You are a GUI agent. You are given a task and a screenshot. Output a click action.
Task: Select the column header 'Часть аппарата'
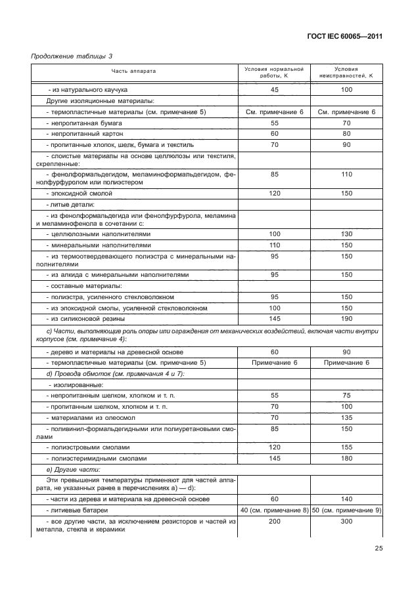coord(133,72)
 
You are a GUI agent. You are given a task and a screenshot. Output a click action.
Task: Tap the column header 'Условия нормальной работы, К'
coord(274,72)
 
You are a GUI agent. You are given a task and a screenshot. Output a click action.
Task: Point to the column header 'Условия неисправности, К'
coord(346,72)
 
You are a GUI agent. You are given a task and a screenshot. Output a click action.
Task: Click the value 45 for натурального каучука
coord(274,89)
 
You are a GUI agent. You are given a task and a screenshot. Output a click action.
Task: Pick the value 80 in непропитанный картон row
coord(346,134)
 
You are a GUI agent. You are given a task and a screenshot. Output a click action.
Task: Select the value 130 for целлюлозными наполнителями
coord(346,234)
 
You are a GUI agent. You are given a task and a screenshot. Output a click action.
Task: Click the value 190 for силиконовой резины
coord(346,319)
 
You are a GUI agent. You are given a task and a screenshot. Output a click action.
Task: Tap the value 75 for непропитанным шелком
coord(346,396)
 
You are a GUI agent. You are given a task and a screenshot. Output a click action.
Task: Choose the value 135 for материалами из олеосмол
coord(346,417)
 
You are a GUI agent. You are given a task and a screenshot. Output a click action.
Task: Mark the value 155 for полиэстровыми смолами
coord(346,447)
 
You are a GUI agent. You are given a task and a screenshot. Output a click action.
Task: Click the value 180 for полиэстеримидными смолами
coord(346,458)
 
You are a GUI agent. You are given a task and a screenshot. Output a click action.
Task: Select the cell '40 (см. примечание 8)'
coord(274,510)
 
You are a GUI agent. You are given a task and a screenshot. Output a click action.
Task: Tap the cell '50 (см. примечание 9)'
coord(346,510)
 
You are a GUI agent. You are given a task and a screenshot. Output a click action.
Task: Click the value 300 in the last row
coord(346,522)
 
